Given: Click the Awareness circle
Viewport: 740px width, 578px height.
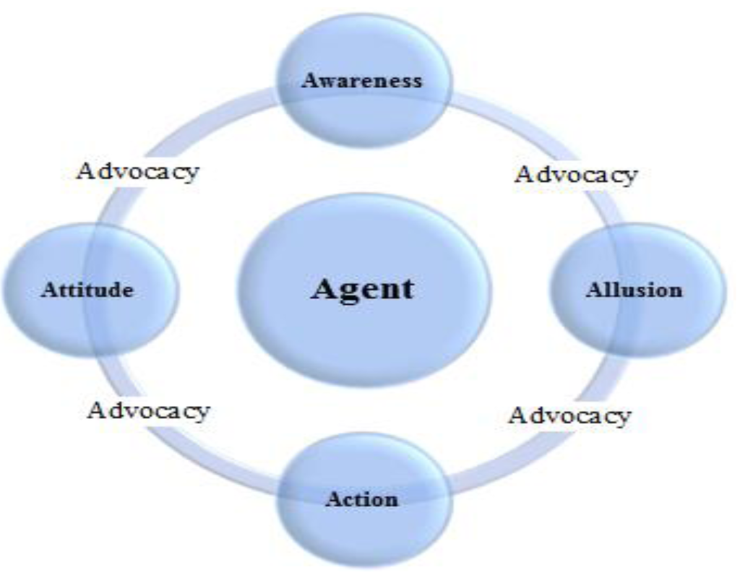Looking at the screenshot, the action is click(364, 108).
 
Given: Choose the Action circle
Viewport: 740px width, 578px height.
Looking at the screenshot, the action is click(364, 531).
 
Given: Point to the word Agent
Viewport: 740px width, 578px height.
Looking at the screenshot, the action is click(363, 289).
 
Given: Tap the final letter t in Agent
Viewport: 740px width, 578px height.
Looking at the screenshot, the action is click(408, 289).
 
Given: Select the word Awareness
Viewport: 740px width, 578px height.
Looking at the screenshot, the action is click(361, 80).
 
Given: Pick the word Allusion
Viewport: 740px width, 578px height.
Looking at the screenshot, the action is click(634, 290).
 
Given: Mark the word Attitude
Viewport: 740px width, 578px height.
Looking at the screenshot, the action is click(87, 290).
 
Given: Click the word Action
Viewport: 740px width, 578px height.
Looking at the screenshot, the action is click(361, 499).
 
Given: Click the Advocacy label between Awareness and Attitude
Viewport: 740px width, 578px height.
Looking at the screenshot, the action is click(137, 172).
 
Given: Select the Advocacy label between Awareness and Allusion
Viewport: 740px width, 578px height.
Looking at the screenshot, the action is click(576, 174).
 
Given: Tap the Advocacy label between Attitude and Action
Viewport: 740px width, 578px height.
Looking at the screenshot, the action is click(149, 410).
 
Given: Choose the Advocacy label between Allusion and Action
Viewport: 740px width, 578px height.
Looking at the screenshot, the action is click(569, 415).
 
